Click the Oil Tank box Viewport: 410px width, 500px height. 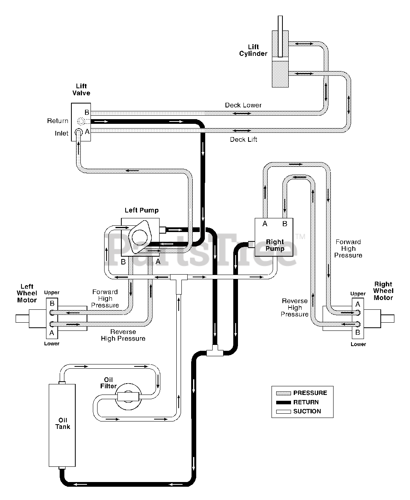[62, 425]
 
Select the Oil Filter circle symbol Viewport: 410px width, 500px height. [128, 396]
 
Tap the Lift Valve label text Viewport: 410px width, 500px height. [81, 89]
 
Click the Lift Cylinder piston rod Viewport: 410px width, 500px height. [280, 36]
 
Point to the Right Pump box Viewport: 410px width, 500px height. [274, 237]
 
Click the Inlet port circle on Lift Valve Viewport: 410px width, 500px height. [79, 132]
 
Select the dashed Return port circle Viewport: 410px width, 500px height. [81, 121]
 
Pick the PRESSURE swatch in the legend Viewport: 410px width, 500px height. [283, 393]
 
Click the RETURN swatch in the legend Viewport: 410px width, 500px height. [283, 402]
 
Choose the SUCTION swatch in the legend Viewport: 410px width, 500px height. [283, 412]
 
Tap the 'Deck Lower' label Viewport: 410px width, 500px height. [243, 105]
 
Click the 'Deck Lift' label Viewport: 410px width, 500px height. [243, 139]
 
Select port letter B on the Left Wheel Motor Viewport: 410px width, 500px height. [52, 303]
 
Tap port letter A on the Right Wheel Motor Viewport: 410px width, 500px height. [358, 304]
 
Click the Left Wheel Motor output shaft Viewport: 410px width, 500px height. [22, 319]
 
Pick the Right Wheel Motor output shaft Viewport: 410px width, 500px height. [387, 319]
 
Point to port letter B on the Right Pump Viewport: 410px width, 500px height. [285, 223]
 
